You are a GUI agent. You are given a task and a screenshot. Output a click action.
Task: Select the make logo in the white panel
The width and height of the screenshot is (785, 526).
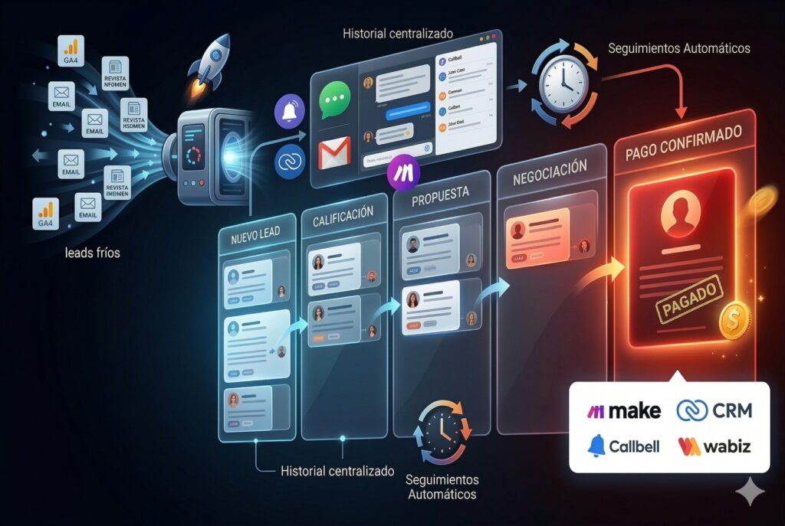(x=624, y=410)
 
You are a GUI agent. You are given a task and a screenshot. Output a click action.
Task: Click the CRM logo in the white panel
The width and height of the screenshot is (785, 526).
(x=714, y=410)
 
